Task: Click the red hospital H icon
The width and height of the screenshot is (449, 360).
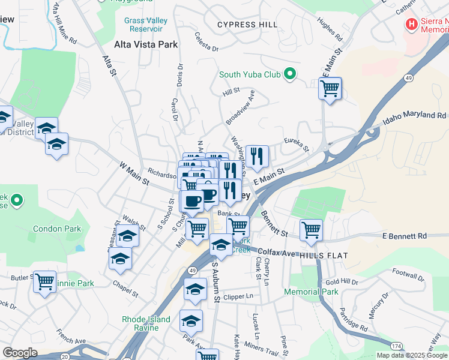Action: (x=412, y=25)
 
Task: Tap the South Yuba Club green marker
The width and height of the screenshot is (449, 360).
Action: (x=290, y=74)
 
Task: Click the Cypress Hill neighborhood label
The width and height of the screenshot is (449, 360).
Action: (x=247, y=25)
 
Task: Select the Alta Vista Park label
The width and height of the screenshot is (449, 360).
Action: (x=146, y=44)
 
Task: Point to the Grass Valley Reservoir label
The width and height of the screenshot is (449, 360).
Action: (x=145, y=25)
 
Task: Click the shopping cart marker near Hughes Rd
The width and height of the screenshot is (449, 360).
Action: (x=330, y=88)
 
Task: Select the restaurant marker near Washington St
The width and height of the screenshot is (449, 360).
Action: (x=257, y=157)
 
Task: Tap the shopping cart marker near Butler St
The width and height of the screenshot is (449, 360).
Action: (x=44, y=281)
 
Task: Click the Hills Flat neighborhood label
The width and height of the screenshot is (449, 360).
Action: (x=324, y=255)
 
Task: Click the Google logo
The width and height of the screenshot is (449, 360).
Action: (x=20, y=353)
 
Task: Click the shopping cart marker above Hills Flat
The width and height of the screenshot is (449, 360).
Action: (x=311, y=230)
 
